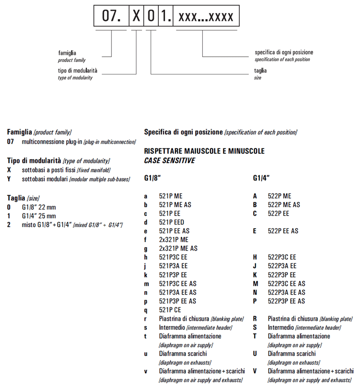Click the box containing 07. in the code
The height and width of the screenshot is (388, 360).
(x=112, y=17)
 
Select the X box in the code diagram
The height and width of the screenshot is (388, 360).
(x=136, y=17)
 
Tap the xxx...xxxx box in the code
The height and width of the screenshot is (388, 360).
(x=206, y=17)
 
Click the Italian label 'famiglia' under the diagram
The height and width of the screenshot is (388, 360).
(x=67, y=53)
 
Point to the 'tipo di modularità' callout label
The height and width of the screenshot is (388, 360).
(x=78, y=71)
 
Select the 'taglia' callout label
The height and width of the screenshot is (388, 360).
(x=260, y=71)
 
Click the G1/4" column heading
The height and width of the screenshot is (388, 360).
(x=261, y=178)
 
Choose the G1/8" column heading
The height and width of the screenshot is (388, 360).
(x=153, y=178)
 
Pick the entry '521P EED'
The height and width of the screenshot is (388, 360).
(x=172, y=222)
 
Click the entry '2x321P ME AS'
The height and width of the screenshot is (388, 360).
(x=178, y=248)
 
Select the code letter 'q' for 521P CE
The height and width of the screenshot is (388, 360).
(x=145, y=310)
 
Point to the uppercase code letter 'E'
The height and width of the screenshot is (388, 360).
(x=255, y=231)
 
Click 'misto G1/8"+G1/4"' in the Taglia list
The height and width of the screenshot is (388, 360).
(x=47, y=224)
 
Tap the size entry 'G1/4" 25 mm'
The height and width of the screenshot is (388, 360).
(x=39, y=216)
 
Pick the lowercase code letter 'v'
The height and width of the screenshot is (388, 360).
(x=145, y=371)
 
